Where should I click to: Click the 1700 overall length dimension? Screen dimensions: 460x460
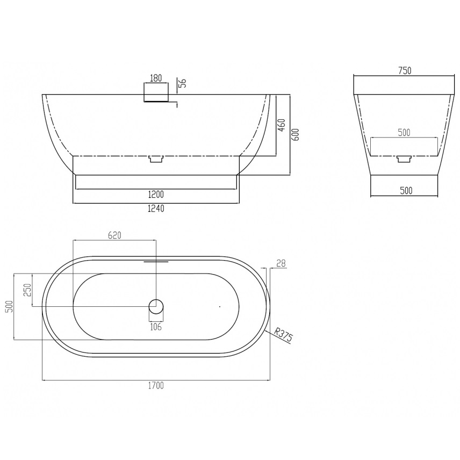[x=156, y=385]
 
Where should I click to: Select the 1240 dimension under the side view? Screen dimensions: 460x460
[x=156, y=209]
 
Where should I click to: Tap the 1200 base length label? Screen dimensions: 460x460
[x=156, y=194]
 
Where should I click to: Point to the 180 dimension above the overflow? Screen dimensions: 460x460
[x=156, y=78]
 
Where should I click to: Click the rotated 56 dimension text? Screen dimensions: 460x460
[x=183, y=83]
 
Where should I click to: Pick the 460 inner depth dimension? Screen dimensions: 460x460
[x=282, y=125]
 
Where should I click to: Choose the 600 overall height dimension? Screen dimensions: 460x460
[x=296, y=135]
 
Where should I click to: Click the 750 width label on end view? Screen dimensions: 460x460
[x=405, y=71]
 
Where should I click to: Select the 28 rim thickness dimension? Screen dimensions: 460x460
[x=281, y=263]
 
